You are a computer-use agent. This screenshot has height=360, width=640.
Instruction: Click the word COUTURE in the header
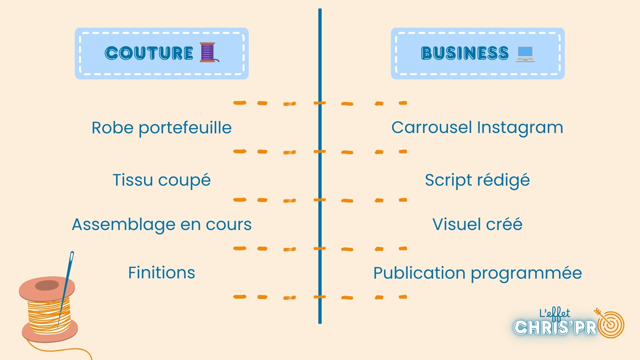tap(149, 53)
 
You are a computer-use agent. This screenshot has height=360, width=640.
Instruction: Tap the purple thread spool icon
tap(208, 52)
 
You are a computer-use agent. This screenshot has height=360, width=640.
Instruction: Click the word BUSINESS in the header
tap(465, 53)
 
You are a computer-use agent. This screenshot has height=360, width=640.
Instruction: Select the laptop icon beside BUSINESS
tap(525, 54)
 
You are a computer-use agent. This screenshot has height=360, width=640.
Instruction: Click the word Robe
tap(112, 128)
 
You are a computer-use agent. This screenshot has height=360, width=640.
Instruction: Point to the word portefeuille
tap(185, 128)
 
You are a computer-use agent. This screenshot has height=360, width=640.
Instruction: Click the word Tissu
tap(133, 180)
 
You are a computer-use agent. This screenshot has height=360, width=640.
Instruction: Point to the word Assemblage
tap(124, 225)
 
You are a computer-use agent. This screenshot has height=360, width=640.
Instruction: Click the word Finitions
tap(162, 273)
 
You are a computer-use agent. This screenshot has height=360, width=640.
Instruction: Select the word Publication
tap(419, 273)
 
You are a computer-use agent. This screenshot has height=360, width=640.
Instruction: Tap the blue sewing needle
tap(66, 287)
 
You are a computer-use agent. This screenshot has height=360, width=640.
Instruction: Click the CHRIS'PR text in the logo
tap(555, 328)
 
